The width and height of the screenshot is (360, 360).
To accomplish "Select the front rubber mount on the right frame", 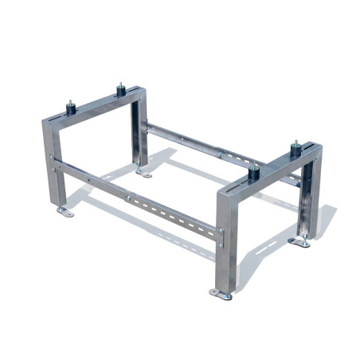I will [x=255, y=171].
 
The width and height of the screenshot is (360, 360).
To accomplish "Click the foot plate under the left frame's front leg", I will [x=65, y=211].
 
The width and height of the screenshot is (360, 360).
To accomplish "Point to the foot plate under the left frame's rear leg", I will [x=143, y=170].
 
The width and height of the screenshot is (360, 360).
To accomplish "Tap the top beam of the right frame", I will [x=271, y=172].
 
